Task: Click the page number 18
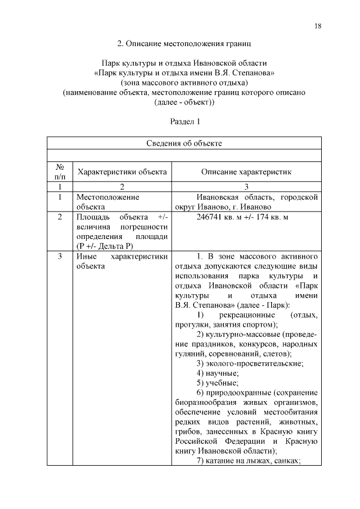(318, 27)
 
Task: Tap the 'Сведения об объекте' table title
(184, 143)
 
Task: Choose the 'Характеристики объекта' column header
(122, 172)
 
